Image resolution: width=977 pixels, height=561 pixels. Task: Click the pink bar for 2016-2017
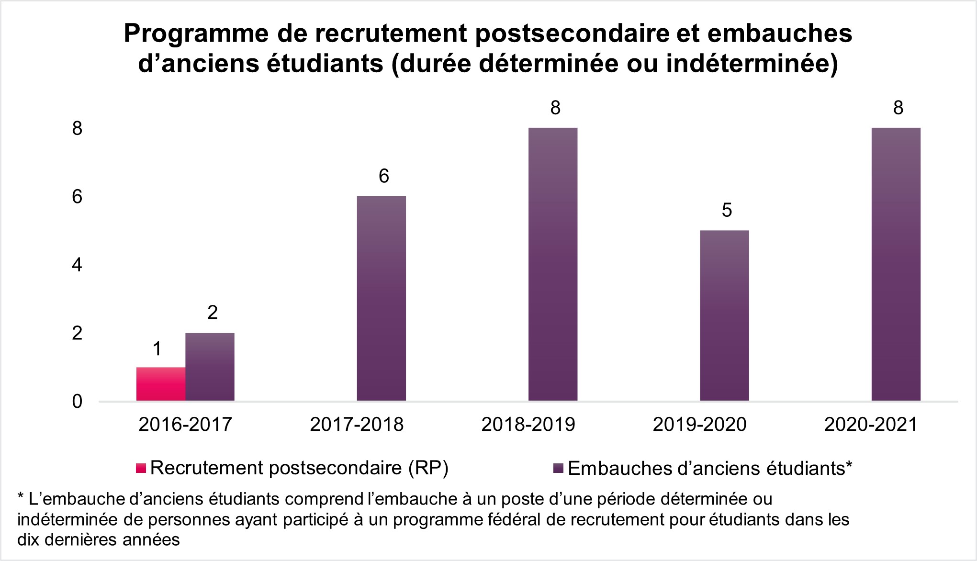[161, 384]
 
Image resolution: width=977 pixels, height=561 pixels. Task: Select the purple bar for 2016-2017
[210, 367]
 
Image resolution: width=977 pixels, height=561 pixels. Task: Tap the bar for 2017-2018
[382, 298]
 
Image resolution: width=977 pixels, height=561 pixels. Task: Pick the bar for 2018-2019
[553, 264]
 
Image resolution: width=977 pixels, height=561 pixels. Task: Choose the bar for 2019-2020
[724, 315]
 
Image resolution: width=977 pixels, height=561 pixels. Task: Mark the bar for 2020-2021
[896, 264]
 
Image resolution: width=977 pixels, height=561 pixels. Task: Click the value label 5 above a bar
[727, 211]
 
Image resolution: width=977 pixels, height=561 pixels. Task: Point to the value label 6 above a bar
[384, 177]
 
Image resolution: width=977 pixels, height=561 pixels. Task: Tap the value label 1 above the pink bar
[157, 349]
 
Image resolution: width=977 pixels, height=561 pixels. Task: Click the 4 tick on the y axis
[77, 265]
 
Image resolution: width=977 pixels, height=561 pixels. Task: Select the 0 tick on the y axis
[77, 402]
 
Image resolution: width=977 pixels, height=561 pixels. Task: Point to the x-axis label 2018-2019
[528, 425]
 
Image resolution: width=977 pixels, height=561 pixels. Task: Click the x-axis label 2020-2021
[870, 425]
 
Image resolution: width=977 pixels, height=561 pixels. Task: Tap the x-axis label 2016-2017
[185, 425]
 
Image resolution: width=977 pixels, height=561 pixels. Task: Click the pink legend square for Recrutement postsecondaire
[141, 468]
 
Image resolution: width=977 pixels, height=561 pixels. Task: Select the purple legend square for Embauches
[558, 468]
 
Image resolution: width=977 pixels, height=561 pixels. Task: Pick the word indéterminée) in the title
[752, 65]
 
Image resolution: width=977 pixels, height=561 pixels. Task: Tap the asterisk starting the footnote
[21, 498]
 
